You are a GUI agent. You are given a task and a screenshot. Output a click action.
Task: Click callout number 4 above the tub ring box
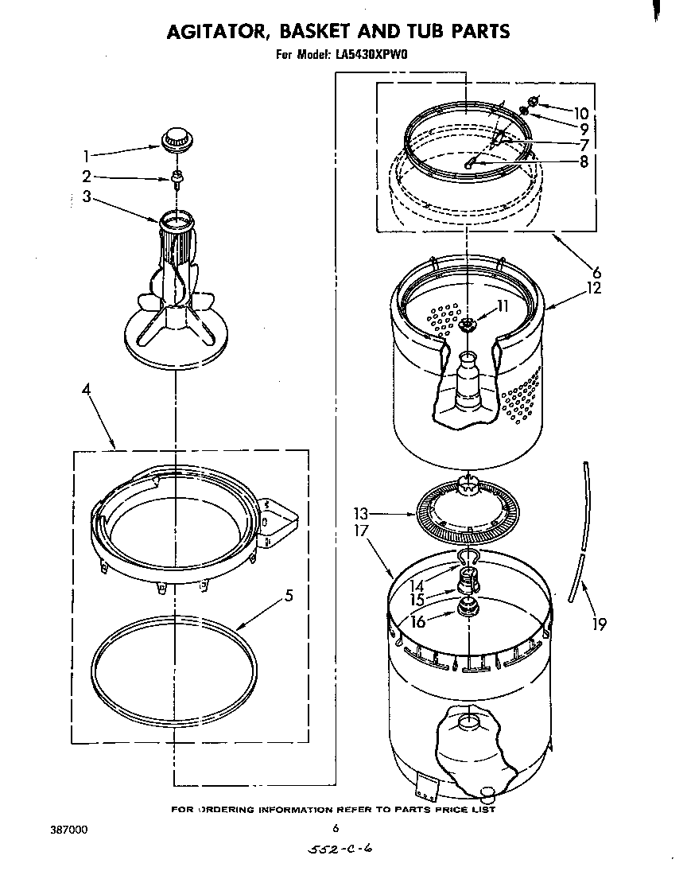coord(85,390)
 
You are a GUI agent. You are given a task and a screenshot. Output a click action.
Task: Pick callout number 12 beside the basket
coord(593,288)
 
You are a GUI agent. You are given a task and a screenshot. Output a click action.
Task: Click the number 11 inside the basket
coord(502,305)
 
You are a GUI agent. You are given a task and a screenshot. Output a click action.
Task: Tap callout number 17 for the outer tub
coord(362,531)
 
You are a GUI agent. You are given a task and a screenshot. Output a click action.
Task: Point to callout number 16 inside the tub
coord(418,622)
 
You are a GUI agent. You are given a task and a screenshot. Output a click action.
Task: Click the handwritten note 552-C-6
coord(340,850)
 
